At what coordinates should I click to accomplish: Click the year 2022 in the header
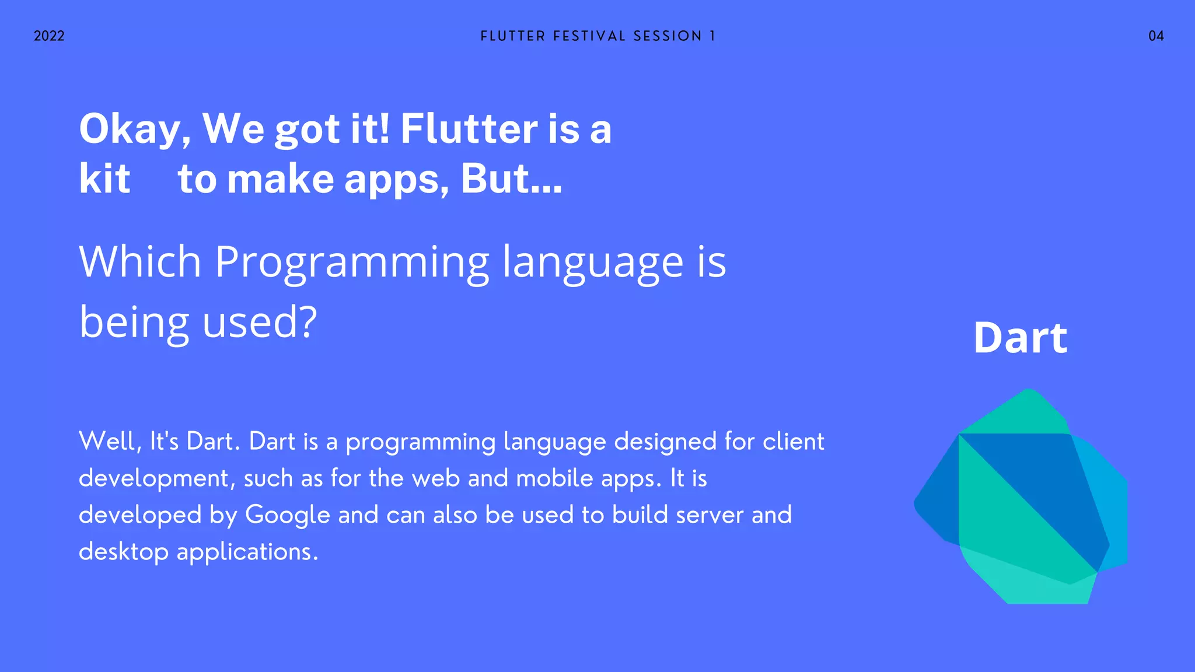49,36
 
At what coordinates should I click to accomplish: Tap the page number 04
1156,36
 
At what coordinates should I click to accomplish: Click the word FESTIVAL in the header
589,36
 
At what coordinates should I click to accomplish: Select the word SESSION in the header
668,36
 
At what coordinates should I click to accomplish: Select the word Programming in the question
352,262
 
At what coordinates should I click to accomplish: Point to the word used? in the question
260,322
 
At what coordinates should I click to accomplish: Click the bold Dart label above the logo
1020,338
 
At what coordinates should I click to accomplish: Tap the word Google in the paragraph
287,515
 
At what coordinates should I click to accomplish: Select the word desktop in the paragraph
124,552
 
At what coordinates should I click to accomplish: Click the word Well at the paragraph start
109,442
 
